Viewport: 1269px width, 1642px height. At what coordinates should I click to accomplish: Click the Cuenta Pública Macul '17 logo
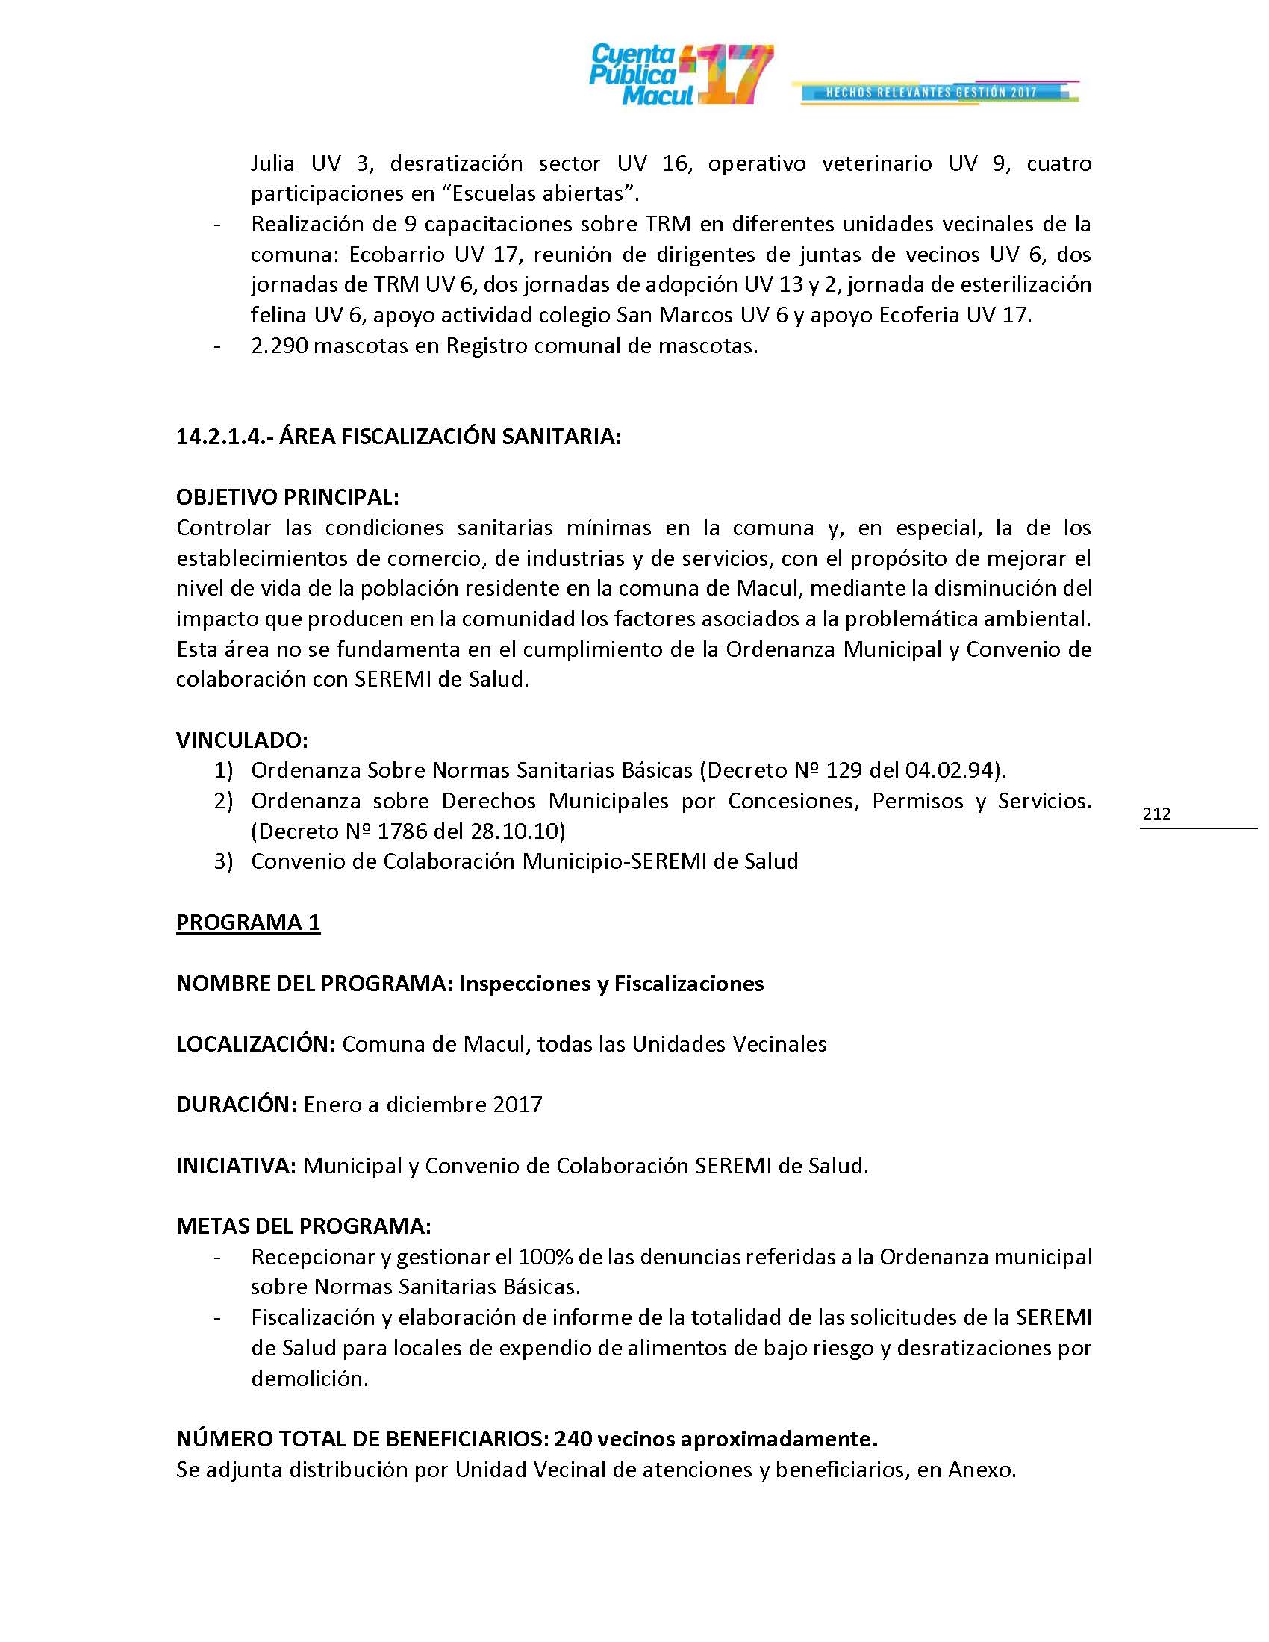(680, 75)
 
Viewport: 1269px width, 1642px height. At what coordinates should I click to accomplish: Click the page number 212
(1156, 814)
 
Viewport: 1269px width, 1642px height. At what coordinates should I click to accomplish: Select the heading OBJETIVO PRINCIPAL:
(287, 497)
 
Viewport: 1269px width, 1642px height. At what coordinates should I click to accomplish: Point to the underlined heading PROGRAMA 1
(248, 923)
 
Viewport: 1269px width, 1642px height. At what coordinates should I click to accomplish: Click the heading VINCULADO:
(242, 740)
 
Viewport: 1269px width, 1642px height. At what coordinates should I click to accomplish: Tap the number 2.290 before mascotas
(279, 346)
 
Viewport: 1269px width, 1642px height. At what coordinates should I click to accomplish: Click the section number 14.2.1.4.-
(224, 437)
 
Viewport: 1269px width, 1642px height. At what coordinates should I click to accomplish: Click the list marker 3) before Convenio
(223, 861)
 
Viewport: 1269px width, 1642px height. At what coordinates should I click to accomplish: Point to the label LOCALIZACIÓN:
(255, 1044)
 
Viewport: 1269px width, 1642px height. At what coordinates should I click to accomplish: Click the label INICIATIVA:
(236, 1165)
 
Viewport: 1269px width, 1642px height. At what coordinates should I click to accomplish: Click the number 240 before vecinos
(574, 1439)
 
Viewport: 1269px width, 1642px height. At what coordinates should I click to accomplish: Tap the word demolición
(308, 1379)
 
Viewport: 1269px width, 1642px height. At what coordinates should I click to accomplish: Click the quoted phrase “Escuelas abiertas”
(539, 193)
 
